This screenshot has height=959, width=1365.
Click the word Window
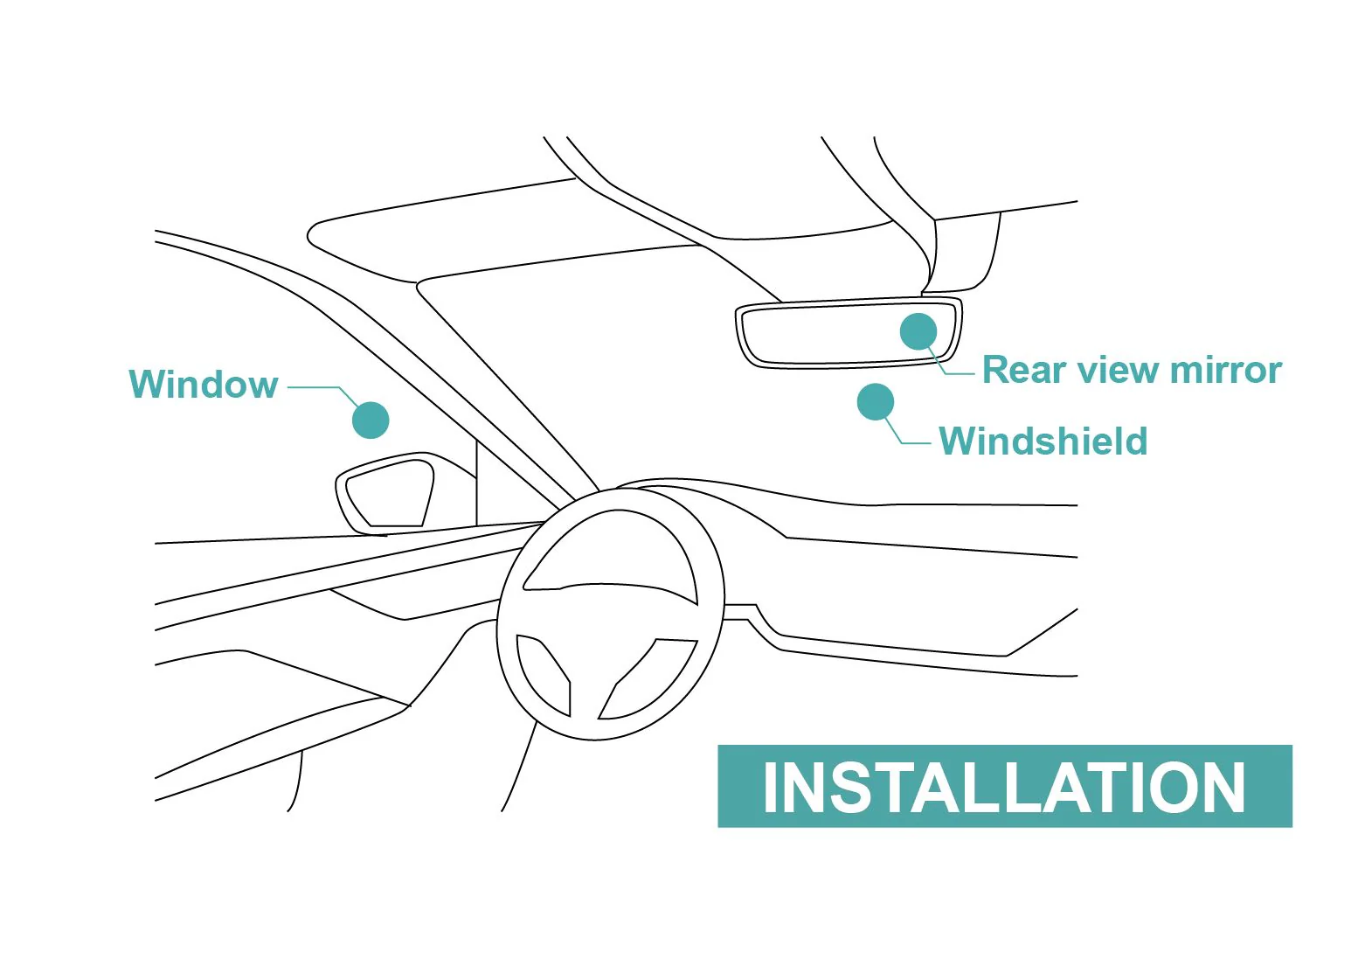pyautogui.click(x=203, y=384)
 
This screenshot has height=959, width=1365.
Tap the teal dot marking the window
pyautogui.click(x=371, y=420)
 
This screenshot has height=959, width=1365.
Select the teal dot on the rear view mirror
pyautogui.click(x=918, y=331)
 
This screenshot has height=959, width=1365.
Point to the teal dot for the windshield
pyautogui.click(x=876, y=402)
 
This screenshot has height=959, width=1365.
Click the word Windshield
pyautogui.click(x=1043, y=441)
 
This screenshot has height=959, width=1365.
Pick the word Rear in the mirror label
pyautogui.click(x=1023, y=370)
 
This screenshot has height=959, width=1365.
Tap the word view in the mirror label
pyautogui.click(x=1116, y=370)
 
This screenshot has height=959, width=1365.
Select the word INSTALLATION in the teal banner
pyautogui.click(x=1004, y=787)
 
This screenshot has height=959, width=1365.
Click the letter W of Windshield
pyautogui.click(x=959, y=441)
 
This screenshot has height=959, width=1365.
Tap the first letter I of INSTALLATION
pyautogui.click(x=769, y=787)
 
